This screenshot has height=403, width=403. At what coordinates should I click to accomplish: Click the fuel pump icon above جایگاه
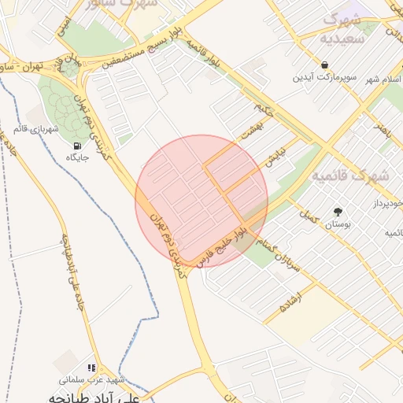[x=76, y=145]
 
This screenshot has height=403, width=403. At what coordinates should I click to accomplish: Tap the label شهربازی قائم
[x=36, y=128]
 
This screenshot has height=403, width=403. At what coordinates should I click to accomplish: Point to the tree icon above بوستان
[x=338, y=212]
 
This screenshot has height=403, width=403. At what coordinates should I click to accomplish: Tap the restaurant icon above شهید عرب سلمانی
[x=92, y=367]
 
